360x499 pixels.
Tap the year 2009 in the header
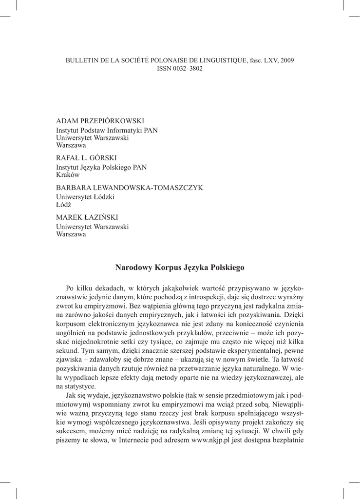(x=286, y=60)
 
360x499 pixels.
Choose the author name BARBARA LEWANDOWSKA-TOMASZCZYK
(x=130, y=188)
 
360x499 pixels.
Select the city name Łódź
(x=64, y=205)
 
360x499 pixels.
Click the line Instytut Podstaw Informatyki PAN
(x=107, y=130)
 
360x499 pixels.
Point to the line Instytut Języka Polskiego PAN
(x=101, y=167)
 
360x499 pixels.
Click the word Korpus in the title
(x=168, y=267)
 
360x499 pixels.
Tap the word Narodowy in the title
(x=133, y=267)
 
